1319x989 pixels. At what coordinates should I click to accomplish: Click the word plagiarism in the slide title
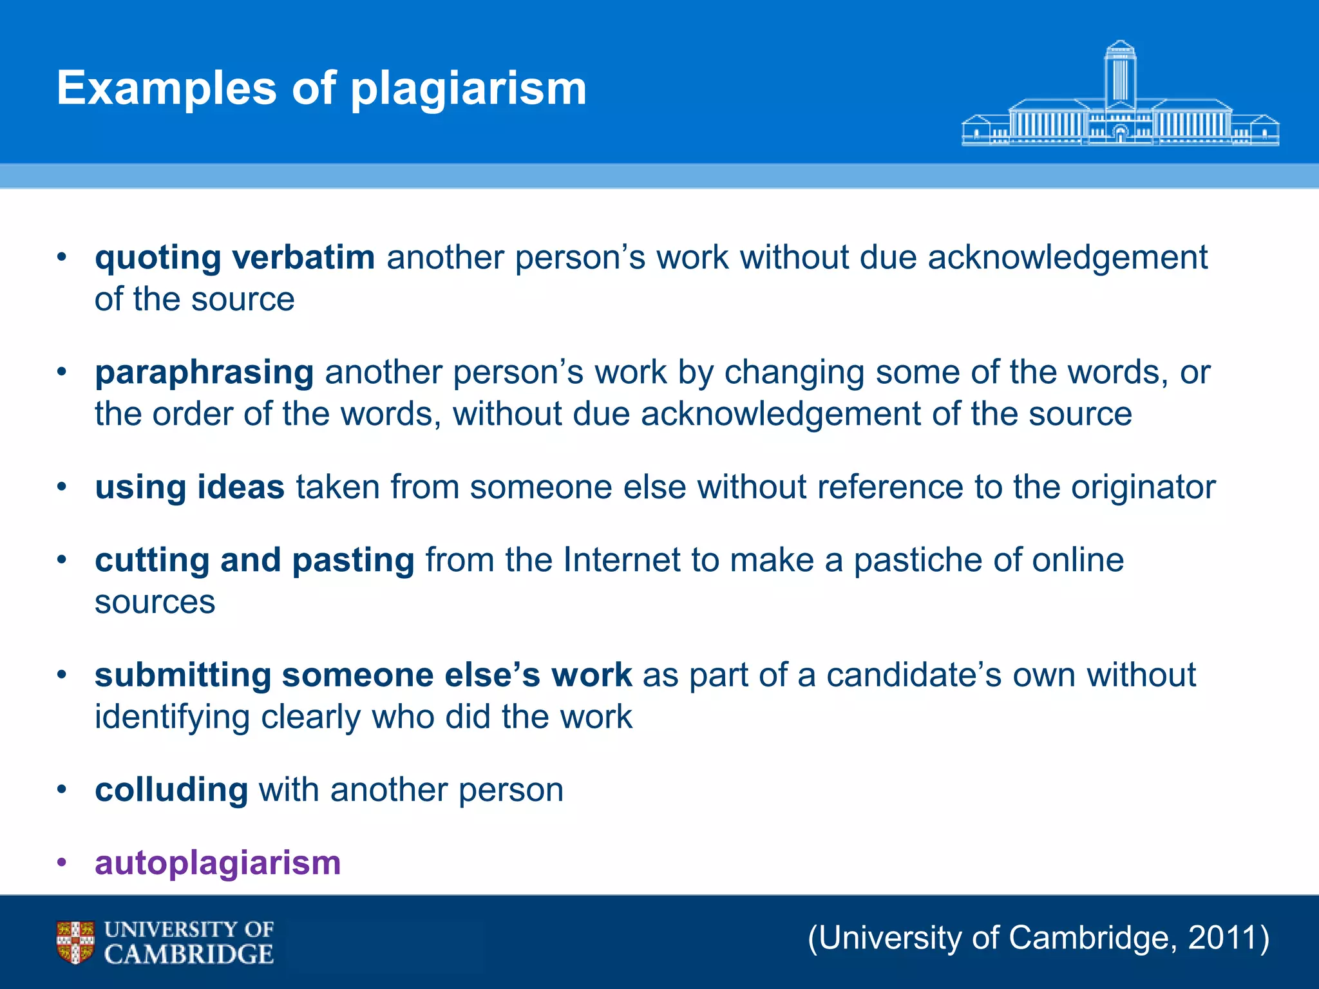tap(468, 89)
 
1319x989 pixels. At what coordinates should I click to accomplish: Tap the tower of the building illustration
tap(1120, 74)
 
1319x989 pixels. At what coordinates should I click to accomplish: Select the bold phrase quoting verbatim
tap(235, 258)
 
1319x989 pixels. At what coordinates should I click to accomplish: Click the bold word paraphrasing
tap(204, 373)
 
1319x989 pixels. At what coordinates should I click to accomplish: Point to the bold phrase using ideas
tap(189, 487)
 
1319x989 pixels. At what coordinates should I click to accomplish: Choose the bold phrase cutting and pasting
tap(254, 560)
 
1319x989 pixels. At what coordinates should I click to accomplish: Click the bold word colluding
tap(171, 790)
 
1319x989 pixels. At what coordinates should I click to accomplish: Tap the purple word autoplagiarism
tap(218, 863)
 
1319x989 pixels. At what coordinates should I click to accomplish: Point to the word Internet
tap(621, 560)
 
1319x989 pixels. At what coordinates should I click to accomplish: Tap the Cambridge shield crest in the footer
tap(75, 942)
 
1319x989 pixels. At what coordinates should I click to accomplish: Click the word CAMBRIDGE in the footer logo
tap(189, 954)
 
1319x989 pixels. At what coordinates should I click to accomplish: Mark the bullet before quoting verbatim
tap(62, 257)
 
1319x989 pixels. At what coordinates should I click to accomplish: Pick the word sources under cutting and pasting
tap(155, 603)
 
